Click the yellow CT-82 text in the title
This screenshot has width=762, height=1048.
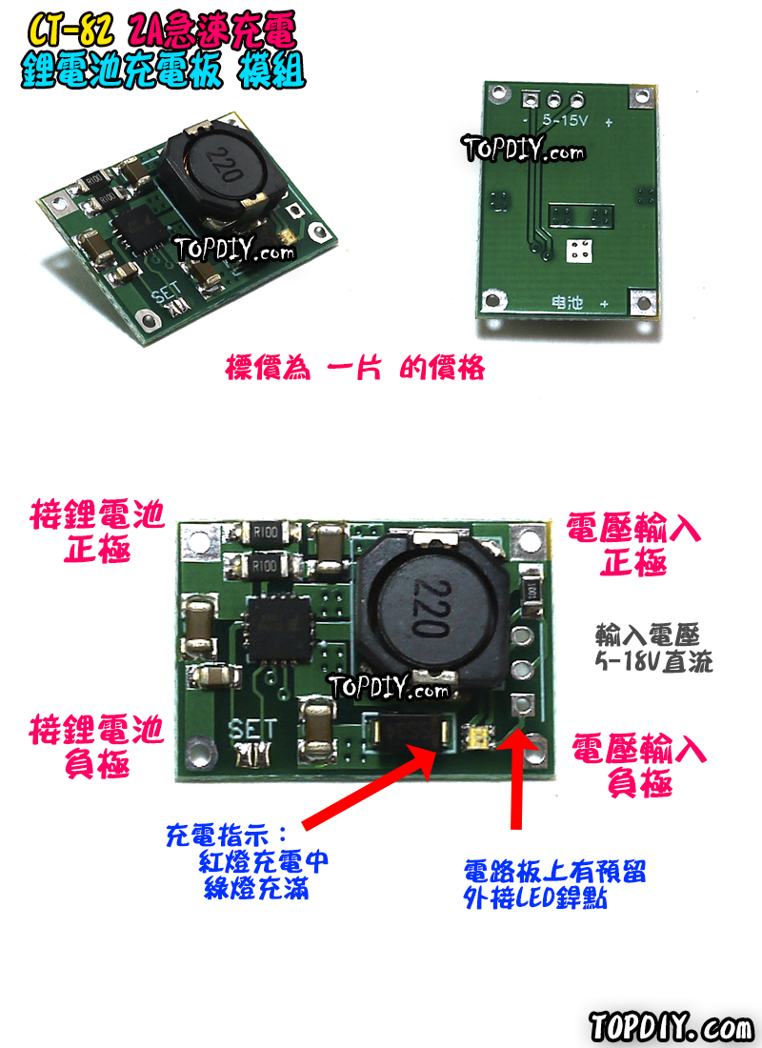coord(70,32)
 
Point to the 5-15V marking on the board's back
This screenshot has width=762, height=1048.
coord(564,122)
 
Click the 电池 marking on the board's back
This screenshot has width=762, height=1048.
coord(568,303)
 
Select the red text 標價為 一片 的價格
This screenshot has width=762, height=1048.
coord(354,367)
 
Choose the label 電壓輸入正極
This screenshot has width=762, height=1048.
coord(632,544)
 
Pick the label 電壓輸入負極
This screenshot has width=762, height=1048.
coord(638,766)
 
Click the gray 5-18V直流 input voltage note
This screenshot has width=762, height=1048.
coord(653,648)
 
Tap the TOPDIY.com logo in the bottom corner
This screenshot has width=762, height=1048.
coord(671,1028)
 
